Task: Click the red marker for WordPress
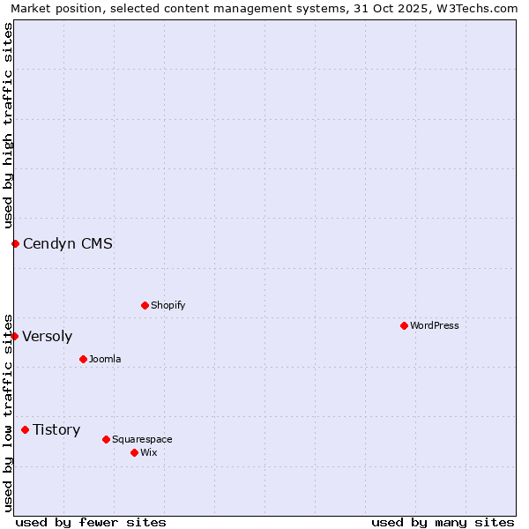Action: [404, 325]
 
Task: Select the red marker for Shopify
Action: [145, 305]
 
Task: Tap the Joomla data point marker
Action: [83, 359]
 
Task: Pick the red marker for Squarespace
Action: [106, 439]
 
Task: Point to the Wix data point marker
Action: [134, 452]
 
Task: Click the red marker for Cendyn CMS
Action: [15, 243]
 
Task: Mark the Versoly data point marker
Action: [14, 336]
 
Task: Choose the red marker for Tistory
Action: [25, 429]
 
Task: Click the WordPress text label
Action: [435, 325]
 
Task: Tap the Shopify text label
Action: [168, 305]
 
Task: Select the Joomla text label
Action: [105, 359]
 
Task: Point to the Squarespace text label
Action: [142, 439]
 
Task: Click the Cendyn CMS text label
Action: [68, 243]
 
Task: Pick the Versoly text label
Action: [48, 336]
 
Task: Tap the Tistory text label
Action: [56, 429]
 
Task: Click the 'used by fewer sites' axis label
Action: [91, 522]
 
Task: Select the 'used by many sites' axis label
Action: [443, 522]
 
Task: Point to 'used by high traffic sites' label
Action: [8, 125]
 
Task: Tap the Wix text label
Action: [149, 452]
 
